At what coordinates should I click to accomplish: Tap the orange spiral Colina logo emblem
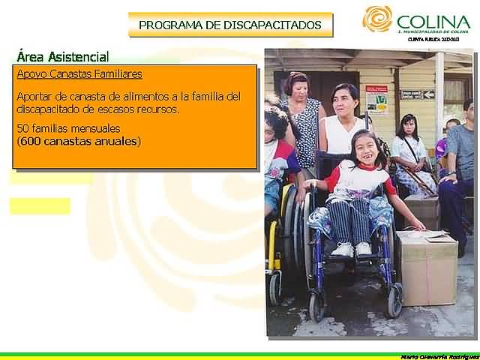click(x=377, y=19)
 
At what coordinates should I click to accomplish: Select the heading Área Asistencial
click(x=62, y=57)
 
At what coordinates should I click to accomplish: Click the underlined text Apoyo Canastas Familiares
click(x=79, y=74)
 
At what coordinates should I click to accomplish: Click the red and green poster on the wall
click(x=376, y=98)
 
